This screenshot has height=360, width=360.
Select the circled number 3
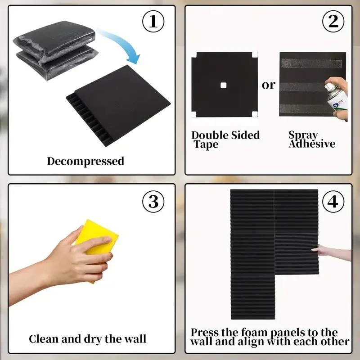153,202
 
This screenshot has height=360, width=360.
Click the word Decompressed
85,161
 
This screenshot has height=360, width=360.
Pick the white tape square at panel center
223,85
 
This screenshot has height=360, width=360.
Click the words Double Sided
225,135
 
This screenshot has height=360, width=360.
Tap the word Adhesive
312,144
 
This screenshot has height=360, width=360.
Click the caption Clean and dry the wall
88,338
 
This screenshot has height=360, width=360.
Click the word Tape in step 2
206,144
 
